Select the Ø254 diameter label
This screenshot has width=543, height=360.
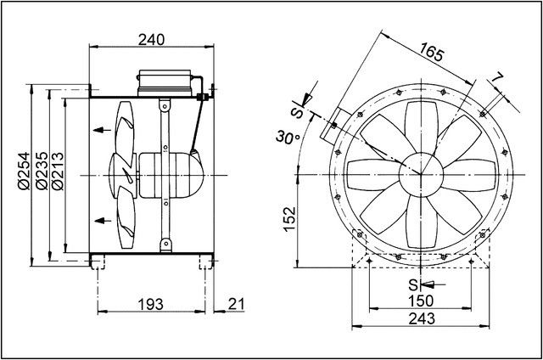pyautogui.click(x=23, y=173)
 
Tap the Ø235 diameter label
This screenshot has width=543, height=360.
pyautogui.click(x=40, y=173)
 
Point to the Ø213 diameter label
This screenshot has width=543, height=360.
pyautogui.click(x=57, y=173)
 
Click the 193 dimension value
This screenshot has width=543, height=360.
pyautogui.click(x=151, y=303)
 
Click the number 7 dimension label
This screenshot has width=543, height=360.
pyautogui.click(x=498, y=78)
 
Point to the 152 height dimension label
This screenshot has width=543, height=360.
pyautogui.click(x=289, y=217)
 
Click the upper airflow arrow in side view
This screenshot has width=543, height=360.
pyautogui.click(x=101, y=130)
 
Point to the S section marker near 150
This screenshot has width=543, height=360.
pyautogui.click(x=412, y=284)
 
